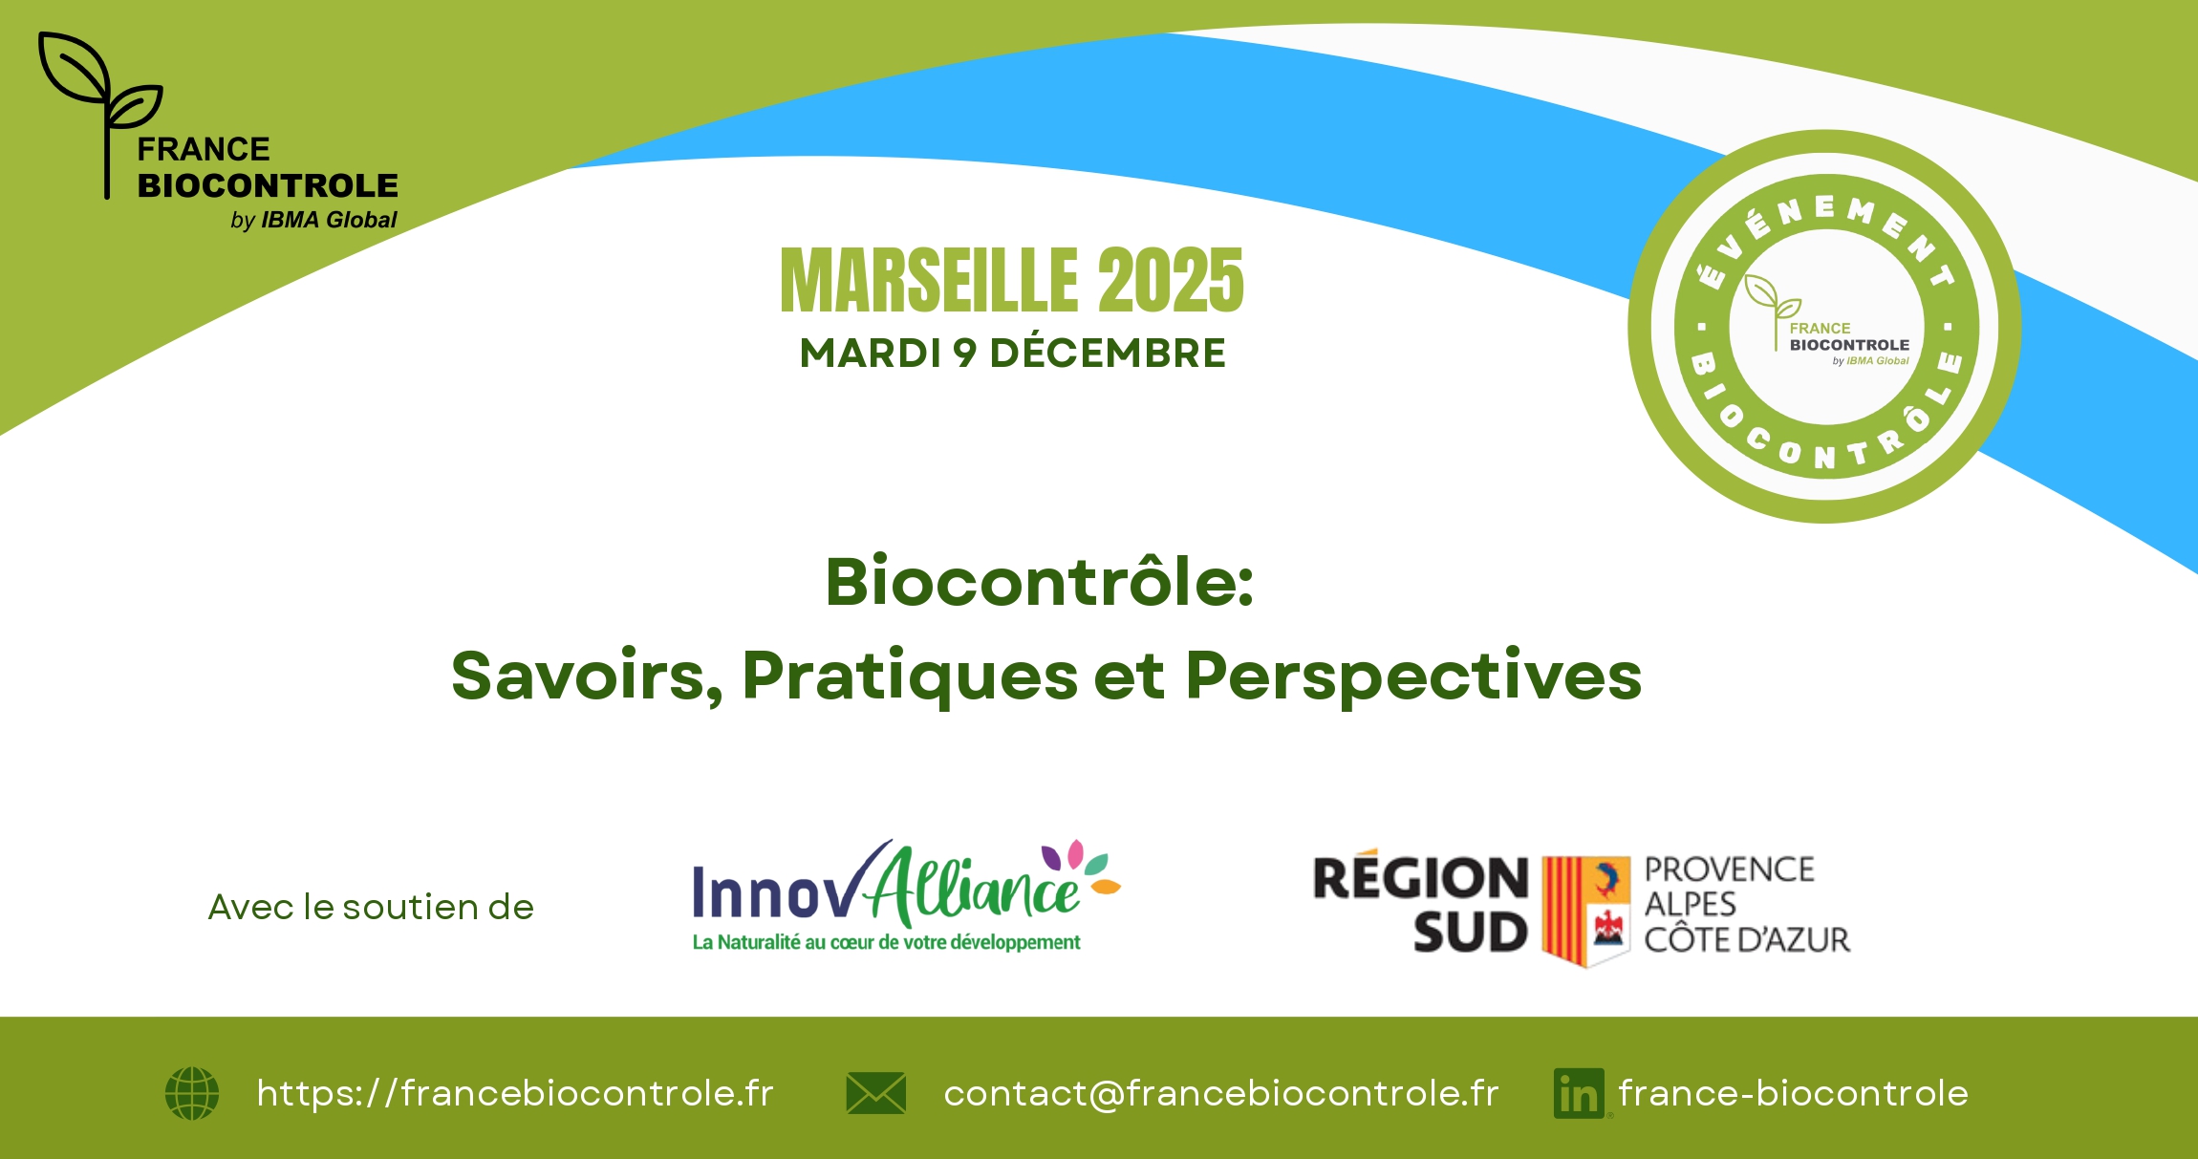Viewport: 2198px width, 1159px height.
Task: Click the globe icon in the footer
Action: point(192,1093)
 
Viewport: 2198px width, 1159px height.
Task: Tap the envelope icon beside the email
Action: point(875,1093)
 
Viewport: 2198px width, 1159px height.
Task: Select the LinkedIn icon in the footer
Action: point(1579,1093)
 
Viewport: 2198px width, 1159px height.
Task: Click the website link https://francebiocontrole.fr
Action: point(515,1093)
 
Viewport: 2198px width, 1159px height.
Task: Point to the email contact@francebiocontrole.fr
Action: point(1221,1093)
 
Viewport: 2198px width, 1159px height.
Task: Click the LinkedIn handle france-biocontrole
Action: point(1794,1093)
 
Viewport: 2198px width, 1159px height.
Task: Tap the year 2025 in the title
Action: point(1171,280)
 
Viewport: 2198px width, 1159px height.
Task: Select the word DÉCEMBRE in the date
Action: point(1107,353)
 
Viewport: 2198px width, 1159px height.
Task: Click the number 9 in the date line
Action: point(964,354)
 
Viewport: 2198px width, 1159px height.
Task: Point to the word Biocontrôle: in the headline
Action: point(1040,582)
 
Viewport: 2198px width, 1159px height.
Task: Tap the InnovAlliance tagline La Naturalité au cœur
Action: point(886,942)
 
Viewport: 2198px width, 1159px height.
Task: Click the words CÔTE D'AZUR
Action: point(1747,940)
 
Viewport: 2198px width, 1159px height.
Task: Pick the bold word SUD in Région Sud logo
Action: point(1471,934)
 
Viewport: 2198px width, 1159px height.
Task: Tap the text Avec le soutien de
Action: point(371,907)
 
